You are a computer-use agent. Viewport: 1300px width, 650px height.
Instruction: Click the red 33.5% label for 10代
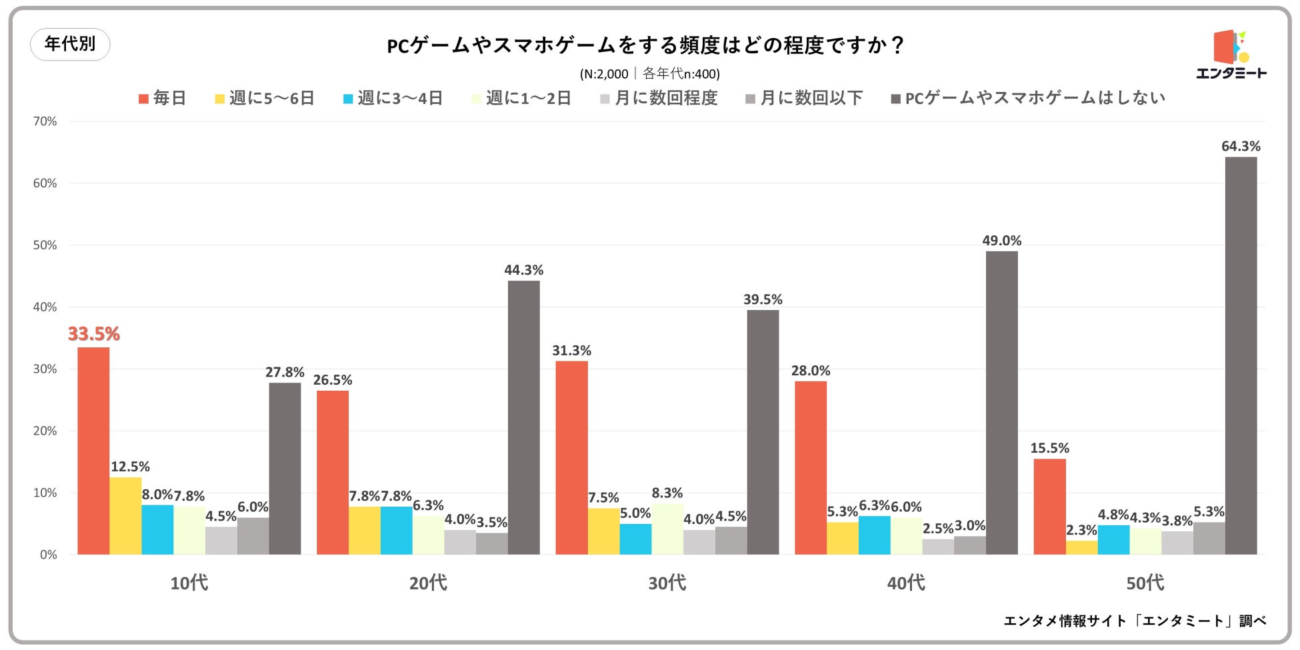[x=94, y=334]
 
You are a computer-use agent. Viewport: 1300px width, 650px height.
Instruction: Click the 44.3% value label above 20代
[x=523, y=270]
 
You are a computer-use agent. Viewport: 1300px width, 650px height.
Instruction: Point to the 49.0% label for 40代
[x=1001, y=241]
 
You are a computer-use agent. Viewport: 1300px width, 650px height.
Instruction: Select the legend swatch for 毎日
[x=143, y=99]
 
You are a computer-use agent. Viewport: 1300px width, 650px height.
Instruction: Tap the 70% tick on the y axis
[x=45, y=121]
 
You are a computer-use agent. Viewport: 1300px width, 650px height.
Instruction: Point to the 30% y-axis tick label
[x=45, y=369]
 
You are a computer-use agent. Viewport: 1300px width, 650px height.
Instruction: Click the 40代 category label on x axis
[x=906, y=583]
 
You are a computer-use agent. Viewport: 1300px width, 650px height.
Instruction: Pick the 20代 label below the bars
[x=428, y=583]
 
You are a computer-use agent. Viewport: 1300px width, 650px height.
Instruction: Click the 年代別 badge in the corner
[x=70, y=44]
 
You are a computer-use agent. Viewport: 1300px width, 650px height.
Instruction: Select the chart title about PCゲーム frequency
[x=645, y=45]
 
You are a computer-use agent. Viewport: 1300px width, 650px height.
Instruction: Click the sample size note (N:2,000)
[x=649, y=74]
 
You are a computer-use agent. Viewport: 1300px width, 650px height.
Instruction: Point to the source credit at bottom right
[x=1135, y=621]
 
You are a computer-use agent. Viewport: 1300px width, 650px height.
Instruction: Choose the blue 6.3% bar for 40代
[x=874, y=535]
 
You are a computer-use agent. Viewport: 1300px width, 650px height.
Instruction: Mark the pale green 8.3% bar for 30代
[x=667, y=529]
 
